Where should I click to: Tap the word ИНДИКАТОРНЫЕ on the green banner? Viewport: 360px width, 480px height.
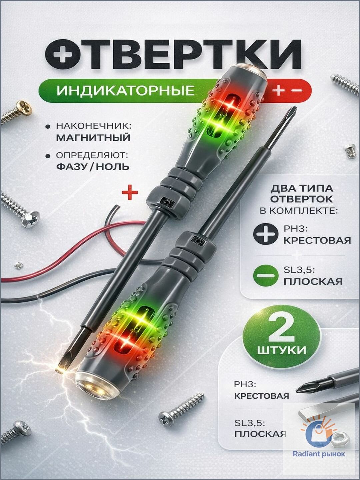pos(125,90)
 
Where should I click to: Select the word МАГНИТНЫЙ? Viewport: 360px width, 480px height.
pos(93,138)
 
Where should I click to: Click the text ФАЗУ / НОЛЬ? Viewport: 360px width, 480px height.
pos(93,167)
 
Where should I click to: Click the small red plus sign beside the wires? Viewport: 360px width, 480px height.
pos(130,193)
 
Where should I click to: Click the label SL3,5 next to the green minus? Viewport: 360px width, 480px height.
pos(299,271)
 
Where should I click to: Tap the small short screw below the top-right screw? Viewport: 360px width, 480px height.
pos(351,150)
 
